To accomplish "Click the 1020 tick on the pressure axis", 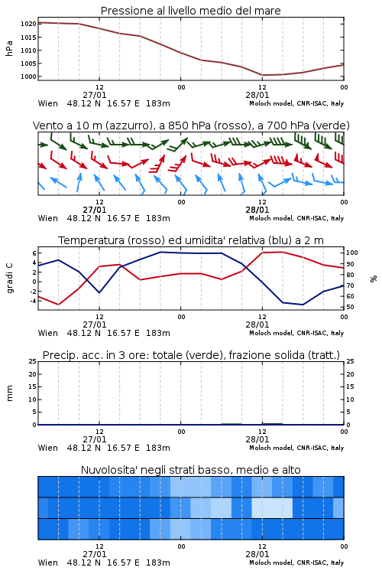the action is [28, 24].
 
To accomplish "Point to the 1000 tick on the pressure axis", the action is [28, 77].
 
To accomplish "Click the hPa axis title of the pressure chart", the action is [9, 48].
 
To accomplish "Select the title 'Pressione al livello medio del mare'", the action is [191, 11].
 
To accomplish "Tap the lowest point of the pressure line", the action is [263, 75].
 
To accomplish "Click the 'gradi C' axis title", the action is [9, 278].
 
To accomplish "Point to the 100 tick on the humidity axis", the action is [352, 253].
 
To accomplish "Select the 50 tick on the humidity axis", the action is [350, 307].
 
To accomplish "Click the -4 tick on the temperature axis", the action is [33, 301].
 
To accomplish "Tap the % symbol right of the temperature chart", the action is [374, 279].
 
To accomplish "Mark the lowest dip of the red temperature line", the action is [59, 305].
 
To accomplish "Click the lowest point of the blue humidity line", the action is [303, 305].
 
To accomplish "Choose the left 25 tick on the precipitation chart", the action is [33, 361].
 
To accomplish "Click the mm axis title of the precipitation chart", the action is [9, 393].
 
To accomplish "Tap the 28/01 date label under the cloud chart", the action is [257, 554].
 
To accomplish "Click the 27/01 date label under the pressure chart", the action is [95, 95].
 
